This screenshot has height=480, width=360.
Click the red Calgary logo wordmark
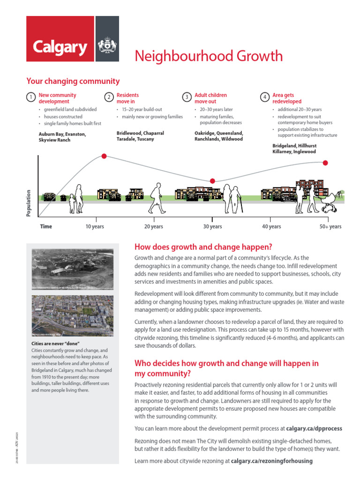pos(60,47)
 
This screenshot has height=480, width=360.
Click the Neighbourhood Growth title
pos(209,56)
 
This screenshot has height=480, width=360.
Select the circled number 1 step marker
pos(30,97)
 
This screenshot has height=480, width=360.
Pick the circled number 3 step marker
pos(187,97)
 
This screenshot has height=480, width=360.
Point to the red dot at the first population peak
pos(104,156)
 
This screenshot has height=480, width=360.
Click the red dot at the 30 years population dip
pos(212,181)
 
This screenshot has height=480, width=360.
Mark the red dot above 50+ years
pos(325,163)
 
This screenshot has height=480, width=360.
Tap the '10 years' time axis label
pos(95,227)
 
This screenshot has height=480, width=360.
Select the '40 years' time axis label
pos(271,227)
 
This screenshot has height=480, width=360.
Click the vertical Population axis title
pos(29,203)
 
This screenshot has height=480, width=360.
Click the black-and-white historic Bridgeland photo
pos(72,269)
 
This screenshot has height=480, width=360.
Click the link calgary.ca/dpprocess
pos(314,428)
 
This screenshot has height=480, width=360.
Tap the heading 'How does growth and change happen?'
pos(203,247)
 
